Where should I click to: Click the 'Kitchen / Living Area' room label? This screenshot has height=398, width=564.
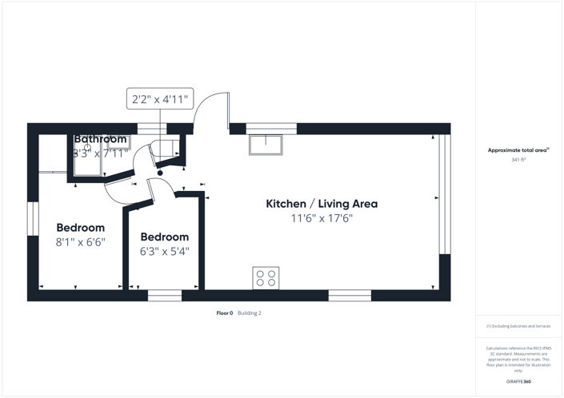[x=322, y=204]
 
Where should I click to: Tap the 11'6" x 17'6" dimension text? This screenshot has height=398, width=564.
[x=322, y=218]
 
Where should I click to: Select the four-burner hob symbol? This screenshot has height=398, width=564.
[x=266, y=277]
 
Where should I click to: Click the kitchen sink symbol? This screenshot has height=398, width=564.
[x=266, y=145]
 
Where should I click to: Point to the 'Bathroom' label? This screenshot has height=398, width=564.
[x=100, y=139]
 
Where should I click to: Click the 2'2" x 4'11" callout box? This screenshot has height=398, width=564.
[x=160, y=99]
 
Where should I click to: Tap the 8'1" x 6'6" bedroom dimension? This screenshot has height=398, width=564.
[x=80, y=241]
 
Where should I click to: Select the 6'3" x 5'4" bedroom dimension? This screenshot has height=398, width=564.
[x=165, y=251]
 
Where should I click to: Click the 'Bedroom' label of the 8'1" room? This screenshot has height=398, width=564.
[x=80, y=228]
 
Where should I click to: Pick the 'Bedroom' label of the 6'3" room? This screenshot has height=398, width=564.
[x=165, y=237]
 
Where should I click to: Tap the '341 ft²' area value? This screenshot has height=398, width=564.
[x=518, y=160]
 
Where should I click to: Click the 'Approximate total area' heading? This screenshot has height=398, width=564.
[x=518, y=150]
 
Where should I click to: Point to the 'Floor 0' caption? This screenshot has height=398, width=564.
[x=225, y=313]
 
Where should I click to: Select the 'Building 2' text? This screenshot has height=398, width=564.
[x=250, y=313]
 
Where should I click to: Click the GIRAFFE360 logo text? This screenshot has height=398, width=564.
[x=518, y=382]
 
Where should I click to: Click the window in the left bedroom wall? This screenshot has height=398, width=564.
[x=33, y=218]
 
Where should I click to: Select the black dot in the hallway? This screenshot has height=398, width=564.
[x=160, y=173]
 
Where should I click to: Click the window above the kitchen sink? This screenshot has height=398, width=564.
[x=271, y=128]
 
